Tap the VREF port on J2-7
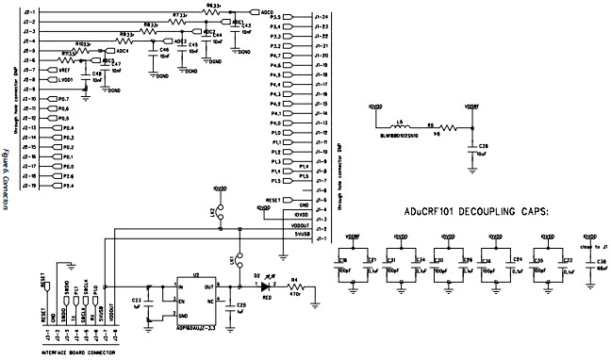coord(62,70)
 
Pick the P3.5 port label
coord(275,17)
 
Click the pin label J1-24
coord(322,17)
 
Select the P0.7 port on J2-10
coord(62,99)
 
